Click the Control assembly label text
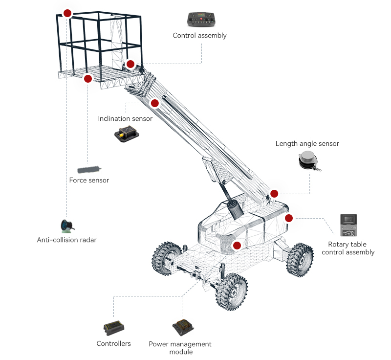click(x=199, y=36)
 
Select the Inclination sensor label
click(x=125, y=119)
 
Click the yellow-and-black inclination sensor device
click(x=126, y=135)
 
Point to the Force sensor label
click(x=89, y=180)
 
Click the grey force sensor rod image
click(x=88, y=168)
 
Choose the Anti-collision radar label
click(x=67, y=240)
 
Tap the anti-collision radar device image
click(x=67, y=225)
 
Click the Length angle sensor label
click(x=307, y=144)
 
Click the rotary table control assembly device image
click(x=349, y=225)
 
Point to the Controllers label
click(x=114, y=344)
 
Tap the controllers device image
click(x=113, y=327)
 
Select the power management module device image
click(x=183, y=328)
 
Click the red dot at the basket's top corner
click(x=67, y=13)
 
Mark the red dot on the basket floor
click(x=88, y=78)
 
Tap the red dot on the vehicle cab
click(x=237, y=245)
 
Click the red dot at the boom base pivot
click(x=274, y=193)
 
